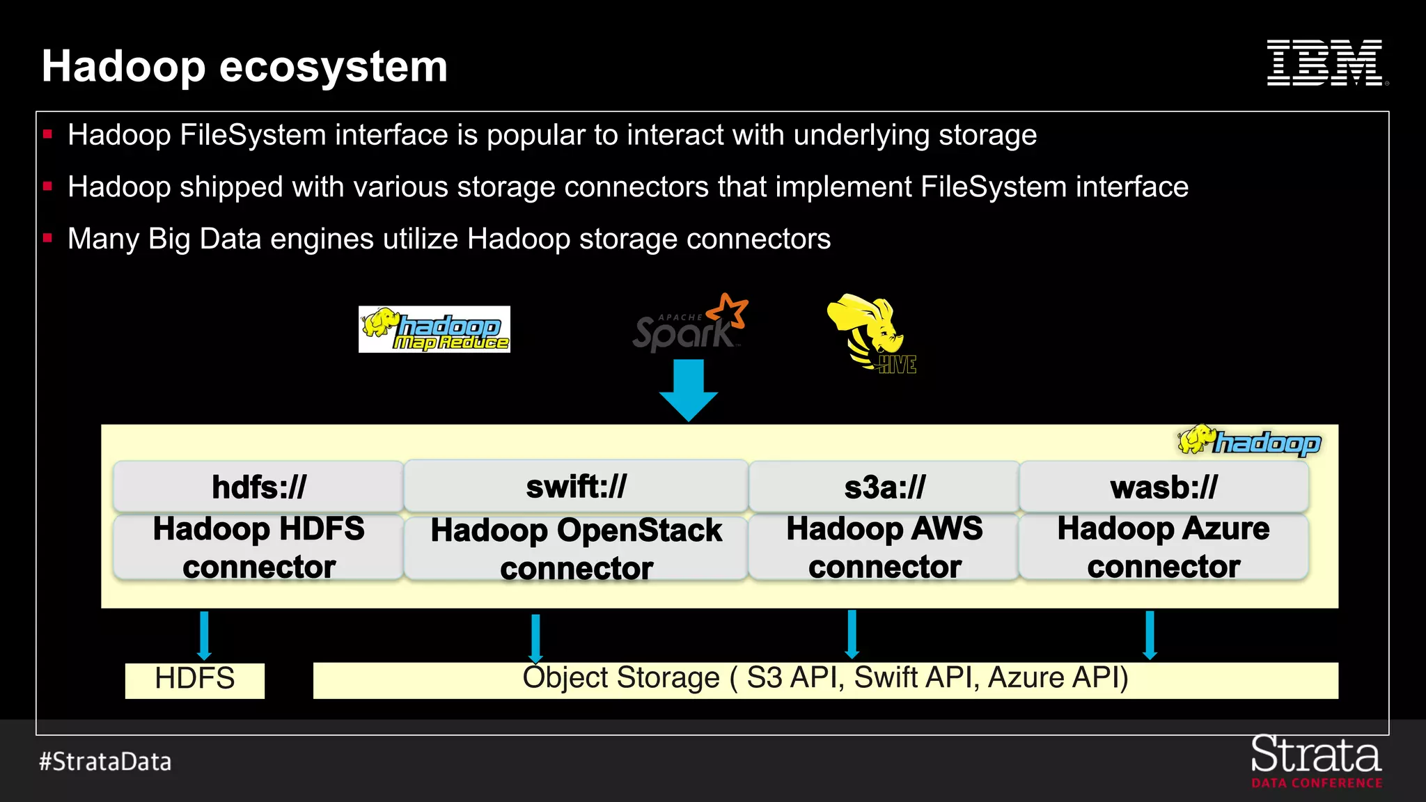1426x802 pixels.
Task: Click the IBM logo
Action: [1326, 63]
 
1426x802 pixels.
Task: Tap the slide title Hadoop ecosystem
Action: [244, 67]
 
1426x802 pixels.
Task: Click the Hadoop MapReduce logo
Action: [434, 329]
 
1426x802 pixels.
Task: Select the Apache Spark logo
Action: [689, 324]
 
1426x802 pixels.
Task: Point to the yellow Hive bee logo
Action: [871, 333]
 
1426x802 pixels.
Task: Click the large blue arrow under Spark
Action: [689, 390]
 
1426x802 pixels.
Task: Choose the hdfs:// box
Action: [258, 487]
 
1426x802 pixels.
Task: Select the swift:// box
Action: [576, 487]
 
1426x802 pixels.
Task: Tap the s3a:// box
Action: [884, 487]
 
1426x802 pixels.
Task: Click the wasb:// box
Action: [1163, 487]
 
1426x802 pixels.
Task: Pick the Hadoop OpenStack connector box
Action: [576, 549]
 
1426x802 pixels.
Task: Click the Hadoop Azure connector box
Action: [1163, 547]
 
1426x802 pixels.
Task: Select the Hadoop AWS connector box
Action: [884, 547]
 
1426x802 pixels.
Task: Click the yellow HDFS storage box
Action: [195, 679]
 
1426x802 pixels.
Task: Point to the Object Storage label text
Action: [825, 678]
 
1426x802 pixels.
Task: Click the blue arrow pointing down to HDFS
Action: [204, 635]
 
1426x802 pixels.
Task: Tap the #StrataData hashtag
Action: [105, 762]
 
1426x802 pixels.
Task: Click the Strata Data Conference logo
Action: [1316, 762]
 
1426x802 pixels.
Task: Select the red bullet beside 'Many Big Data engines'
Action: [47, 238]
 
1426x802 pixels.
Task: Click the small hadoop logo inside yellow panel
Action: [1249, 441]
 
